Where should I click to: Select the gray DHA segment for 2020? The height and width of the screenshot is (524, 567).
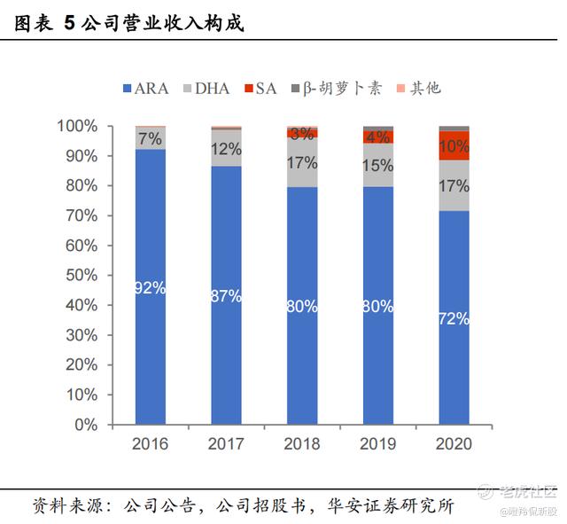454,185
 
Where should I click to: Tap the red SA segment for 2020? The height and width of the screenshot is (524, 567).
454,145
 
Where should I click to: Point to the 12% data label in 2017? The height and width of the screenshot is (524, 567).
227,149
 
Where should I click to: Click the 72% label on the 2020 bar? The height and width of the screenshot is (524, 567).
454,319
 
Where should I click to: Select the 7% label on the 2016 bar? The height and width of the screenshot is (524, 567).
151,138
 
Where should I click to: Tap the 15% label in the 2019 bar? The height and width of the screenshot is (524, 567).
378,165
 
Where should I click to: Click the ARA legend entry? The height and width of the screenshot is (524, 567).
147,88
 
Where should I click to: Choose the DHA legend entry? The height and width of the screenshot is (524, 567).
206,88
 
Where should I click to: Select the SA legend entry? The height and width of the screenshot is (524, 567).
260,88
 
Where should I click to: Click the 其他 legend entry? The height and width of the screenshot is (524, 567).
418,88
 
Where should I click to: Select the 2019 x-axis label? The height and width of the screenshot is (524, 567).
378,443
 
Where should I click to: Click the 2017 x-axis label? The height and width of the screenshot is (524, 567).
227,443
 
